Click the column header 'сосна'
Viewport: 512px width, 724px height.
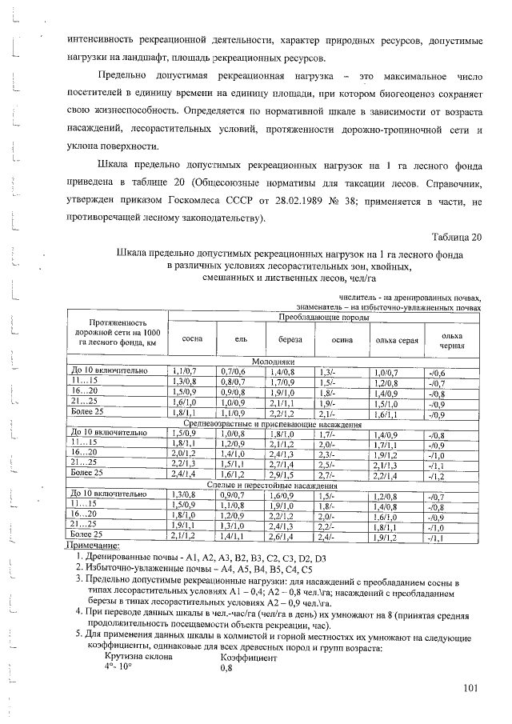click(x=192, y=339)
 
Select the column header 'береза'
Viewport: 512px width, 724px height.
click(x=290, y=339)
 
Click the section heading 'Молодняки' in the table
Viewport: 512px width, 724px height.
click(x=274, y=362)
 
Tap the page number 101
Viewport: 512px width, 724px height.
click(x=471, y=686)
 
